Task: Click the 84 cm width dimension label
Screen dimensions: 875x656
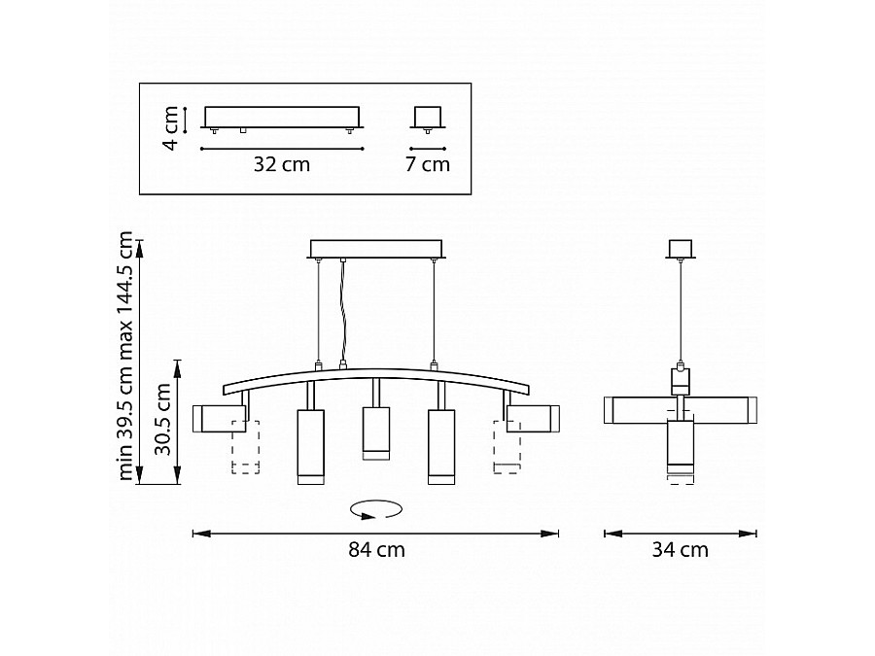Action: click(376, 550)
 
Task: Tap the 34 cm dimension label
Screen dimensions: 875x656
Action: click(681, 550)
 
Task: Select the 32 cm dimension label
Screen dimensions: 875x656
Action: click(282, 164)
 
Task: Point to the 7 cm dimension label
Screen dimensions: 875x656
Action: click(428, 164)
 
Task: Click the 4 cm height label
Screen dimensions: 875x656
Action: click(170, 128)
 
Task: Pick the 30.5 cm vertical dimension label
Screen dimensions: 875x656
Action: click(163, 420)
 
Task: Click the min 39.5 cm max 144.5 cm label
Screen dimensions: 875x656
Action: click(125, 356)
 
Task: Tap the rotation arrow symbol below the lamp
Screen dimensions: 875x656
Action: click(376, 508)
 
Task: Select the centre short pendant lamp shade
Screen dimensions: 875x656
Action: click(376, 433)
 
